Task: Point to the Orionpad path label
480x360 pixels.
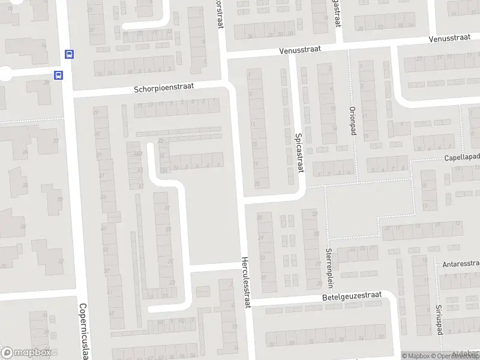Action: pyautogui.click(x=353, y=122)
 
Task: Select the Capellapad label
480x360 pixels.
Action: pyautogui.click(x=461, y=157)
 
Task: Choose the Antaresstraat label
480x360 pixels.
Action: pyautogui.click(x=461, y=263)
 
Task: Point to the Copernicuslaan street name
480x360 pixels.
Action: pyautogui.click(x=83, y=330)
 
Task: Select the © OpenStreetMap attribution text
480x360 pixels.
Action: pyautogui.click(x=457, y=356)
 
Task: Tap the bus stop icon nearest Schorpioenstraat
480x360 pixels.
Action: pyautogui.click(x=59, y=75)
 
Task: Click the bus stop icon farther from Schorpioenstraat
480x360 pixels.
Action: pyautogui.click(x=70, y=54)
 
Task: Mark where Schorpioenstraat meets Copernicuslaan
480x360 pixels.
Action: pyautogui.click(x=69, y=95)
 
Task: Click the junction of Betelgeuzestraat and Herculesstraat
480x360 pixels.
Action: pyautogui.click(x=247, y=304)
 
